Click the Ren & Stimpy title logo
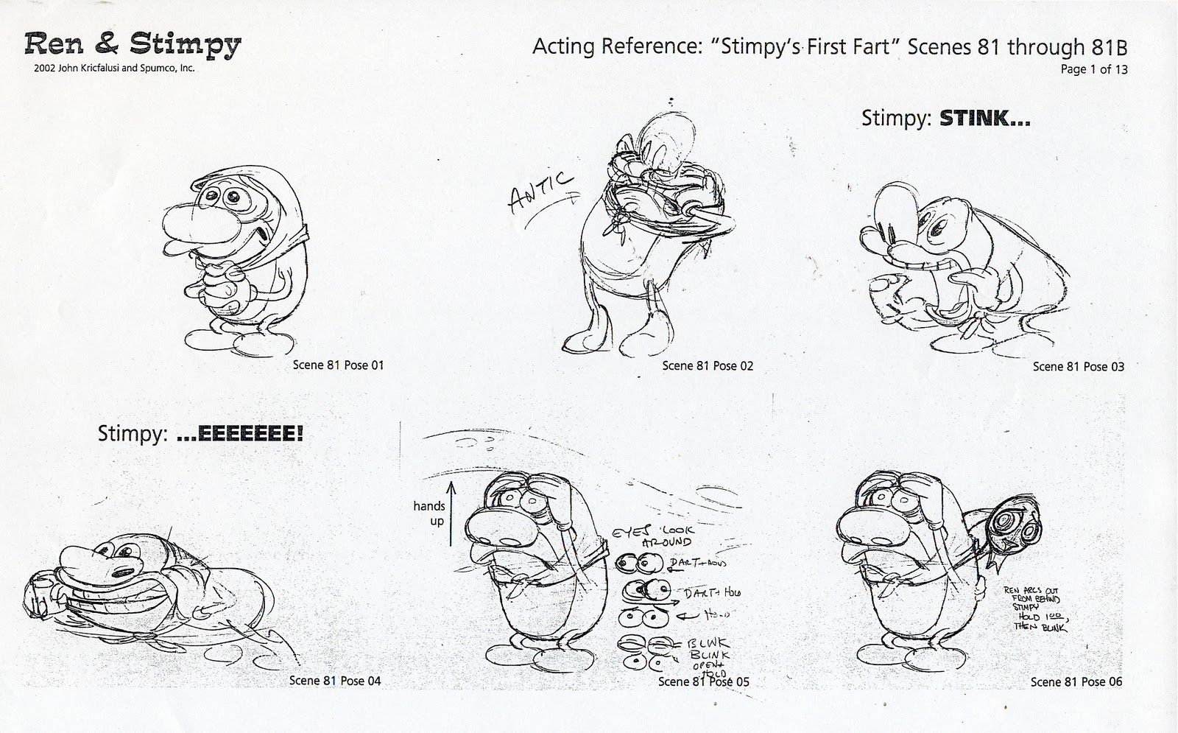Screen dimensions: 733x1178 (133, 46)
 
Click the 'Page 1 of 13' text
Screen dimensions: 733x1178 (1093, 70)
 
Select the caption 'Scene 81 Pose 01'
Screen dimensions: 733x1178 (338, 365)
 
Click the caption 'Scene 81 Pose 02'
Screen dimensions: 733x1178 (708, 366)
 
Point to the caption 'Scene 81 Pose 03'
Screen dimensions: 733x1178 (1078, 367)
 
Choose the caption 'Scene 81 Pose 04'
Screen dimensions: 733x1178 (335, 681)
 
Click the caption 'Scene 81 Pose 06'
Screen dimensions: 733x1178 (1076, 682)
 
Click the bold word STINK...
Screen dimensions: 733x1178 (984, 119)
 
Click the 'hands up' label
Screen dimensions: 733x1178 (428, 513)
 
